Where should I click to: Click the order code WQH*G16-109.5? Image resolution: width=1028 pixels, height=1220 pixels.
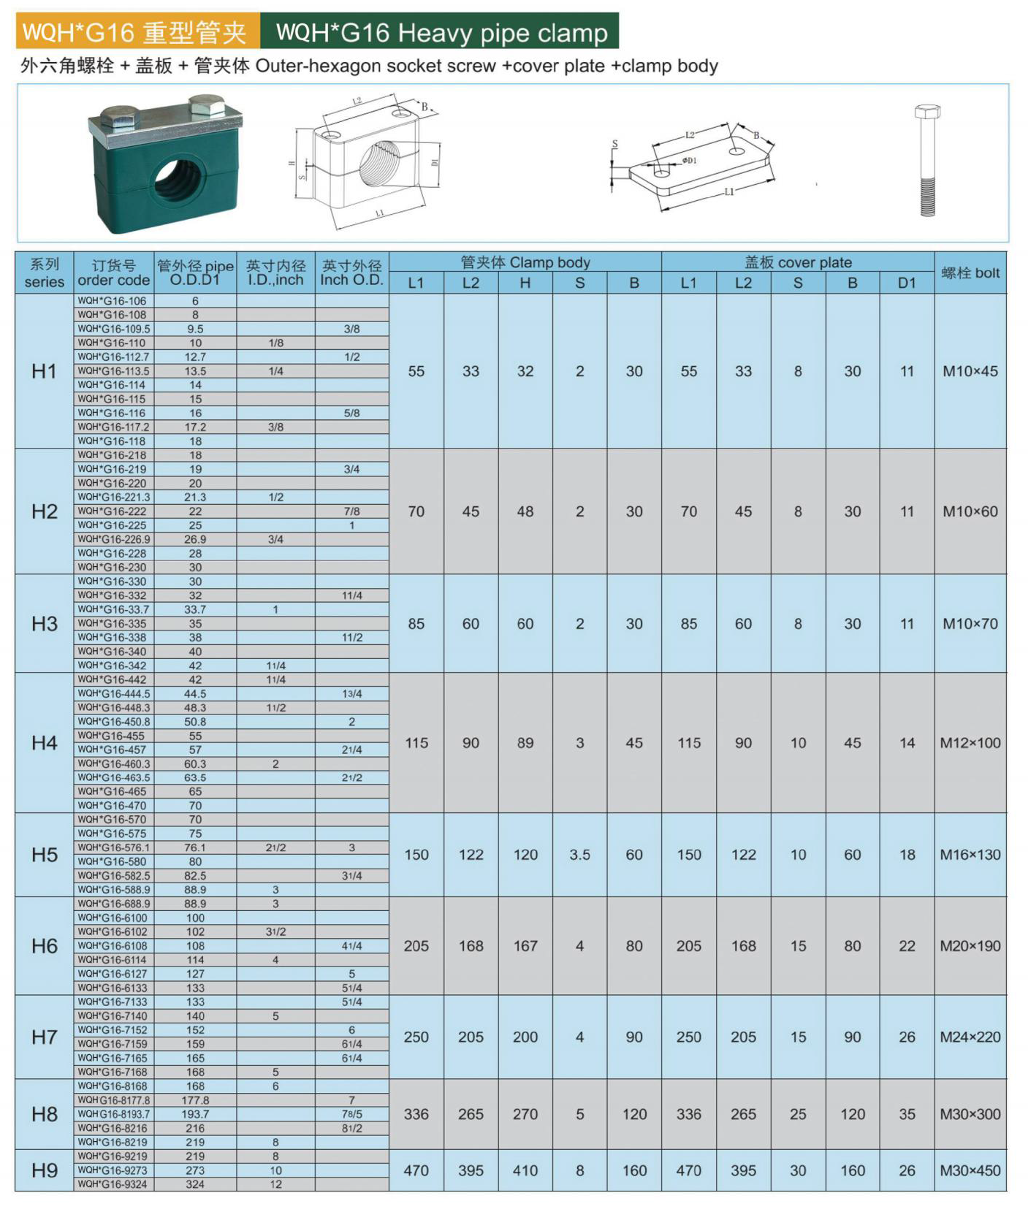pyautogui.click(x=114, y=329)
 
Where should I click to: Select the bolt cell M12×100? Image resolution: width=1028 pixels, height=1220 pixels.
pyautogui.click(x=970, y=743)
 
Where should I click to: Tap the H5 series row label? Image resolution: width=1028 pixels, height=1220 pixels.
pyautogui.click(x=44, y=855)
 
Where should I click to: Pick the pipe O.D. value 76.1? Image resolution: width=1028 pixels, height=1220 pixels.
pyautogui.click(x=195, y=847)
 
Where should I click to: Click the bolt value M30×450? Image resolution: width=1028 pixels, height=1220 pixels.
pyautogui.click(x=970, y=1170)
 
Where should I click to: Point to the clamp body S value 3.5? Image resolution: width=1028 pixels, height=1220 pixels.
pyautogui.click(x=579, y=855)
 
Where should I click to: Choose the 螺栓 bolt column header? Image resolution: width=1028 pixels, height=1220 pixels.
pyautogui.click(x=970, y=273)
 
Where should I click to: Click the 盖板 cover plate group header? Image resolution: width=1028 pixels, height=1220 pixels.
pyautogui.click(x=798, y=262)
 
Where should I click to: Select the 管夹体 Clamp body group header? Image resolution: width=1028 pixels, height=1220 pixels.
pyautogui.click(x=525, y=262)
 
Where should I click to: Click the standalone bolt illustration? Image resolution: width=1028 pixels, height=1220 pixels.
pyautogui.click(x=927, y=161)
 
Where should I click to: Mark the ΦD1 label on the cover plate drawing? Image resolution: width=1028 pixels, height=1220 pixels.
pyautogui.click(x=689, y=161)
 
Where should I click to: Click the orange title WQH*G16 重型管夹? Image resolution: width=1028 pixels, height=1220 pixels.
pyautogui.click(x=137, y=32)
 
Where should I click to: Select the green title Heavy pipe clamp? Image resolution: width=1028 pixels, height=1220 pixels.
pyautogui.click(x=441, y=32)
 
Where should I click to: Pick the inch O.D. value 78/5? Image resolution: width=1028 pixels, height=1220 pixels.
pyautogui.click(x=351, y=1114)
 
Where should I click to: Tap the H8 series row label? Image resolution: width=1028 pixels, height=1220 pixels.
pyautogui.click(x=44, y=1114)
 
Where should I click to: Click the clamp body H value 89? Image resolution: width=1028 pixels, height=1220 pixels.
pyautogui.click(x=525, y=743)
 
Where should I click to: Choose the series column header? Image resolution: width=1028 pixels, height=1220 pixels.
pyautogui.click(x=44, y=273)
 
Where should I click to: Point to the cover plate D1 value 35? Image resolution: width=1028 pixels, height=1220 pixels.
pyautogui.click(x=907, y=1114)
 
